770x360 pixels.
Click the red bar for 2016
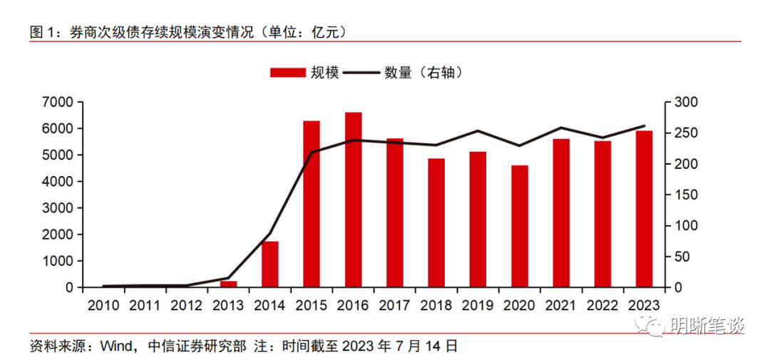point(353,200)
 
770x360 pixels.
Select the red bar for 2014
point(270,264)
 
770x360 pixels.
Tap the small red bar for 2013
point(228,284)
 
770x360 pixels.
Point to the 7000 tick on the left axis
point(60,103)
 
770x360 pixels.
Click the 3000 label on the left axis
point(60,208)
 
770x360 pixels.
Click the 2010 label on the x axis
point(103,305)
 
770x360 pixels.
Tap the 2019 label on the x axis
point(478,305)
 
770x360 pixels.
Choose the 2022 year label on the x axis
point(602,305)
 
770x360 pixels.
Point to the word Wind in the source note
point(113,346)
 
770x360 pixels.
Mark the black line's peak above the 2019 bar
point(478,130)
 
